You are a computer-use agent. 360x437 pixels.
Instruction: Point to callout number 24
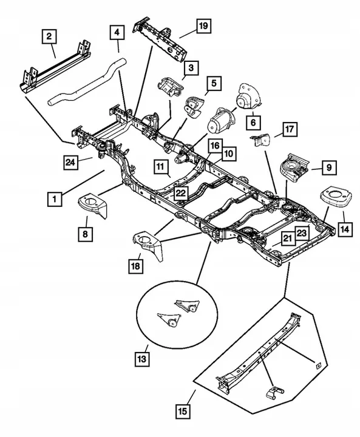coord(72,161)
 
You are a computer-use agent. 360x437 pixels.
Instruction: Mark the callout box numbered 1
coord(55,198)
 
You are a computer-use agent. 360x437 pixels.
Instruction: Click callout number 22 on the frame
coord(180,192)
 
